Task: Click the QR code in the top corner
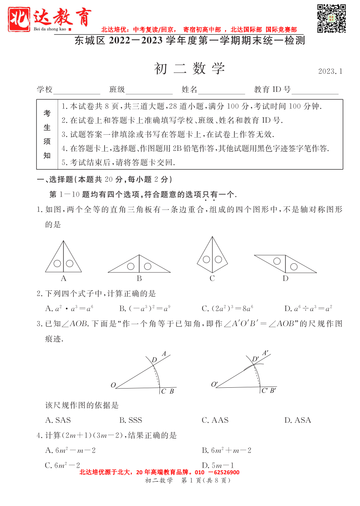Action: (331, 19)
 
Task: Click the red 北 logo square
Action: (19, 19)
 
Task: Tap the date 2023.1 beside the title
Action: (330, 71)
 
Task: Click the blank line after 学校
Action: (77, 91)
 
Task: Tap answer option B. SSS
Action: (131, 420)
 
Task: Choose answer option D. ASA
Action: (298, 420)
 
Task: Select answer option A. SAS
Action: (58, 420)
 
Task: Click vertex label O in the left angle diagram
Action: (113, 385)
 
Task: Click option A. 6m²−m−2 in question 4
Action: (70, 450)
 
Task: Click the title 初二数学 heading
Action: (189, 69)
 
